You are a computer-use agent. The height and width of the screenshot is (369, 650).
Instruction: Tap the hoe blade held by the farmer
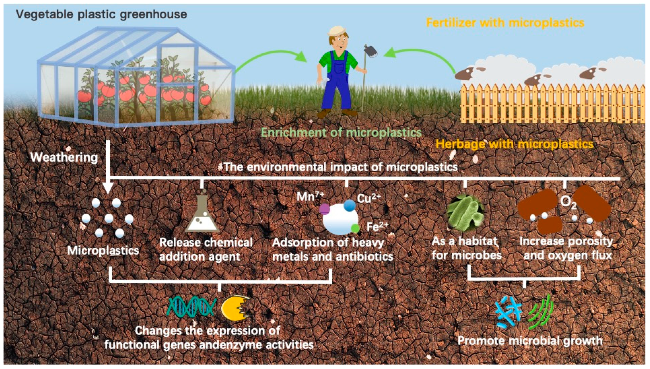[x=371, y=51]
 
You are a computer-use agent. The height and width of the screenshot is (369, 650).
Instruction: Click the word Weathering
[x=64, y=157]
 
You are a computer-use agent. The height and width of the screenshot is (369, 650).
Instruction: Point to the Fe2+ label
[x=377, y=226]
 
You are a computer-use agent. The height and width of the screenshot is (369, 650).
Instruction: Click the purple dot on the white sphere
[x=324, y=209]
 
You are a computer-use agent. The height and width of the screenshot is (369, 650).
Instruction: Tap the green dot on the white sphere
[x=355, y=228]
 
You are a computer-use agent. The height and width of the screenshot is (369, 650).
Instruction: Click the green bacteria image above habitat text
[x=465, y=212]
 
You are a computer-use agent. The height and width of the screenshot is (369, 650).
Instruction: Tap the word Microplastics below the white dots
[x=103, y=251]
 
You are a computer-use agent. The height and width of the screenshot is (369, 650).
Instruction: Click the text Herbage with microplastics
[x=514, y=144]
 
